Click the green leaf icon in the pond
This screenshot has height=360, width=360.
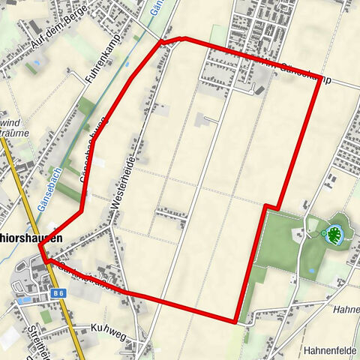click(x=330, y=235)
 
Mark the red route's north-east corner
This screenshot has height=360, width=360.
click(x=320, y=78)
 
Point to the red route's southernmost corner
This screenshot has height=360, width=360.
click(x=236, y=322)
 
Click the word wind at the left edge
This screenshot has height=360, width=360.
click(x=9, y=123)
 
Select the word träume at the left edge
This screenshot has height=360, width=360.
click(x=10, y=136)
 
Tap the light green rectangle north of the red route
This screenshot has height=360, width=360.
click(x=217, y=34)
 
